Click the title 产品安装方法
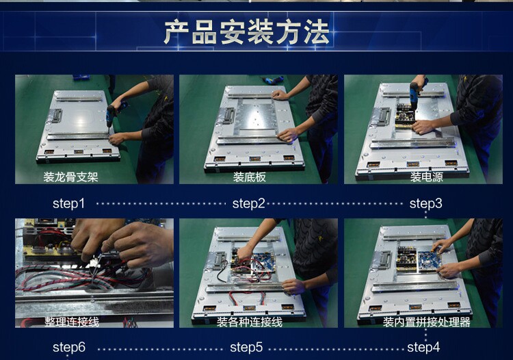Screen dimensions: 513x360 (x=246, y=31)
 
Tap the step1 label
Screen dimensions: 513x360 (x=68, y=203)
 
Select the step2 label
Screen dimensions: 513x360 (x=249, y=203)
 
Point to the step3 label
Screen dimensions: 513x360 (x=425, y=203)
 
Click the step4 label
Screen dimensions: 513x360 (x=423, y=347)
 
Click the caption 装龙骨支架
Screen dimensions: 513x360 (x=70, y=177)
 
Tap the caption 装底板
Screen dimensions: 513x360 (x=249, y=177)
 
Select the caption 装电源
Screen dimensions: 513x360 (x=427, y=177)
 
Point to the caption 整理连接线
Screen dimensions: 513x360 (x=72, y=322)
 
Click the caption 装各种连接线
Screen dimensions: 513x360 (x=249, y=322)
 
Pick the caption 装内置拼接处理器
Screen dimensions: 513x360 (x=427, y=322)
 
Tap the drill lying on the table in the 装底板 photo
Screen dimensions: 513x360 (x=272, y=79)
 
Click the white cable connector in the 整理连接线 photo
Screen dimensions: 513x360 (x=94, y=262)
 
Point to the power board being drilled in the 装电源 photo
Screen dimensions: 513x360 (x=405, y=116)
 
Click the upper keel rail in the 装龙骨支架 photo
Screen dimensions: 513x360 (x=78, y=98)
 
